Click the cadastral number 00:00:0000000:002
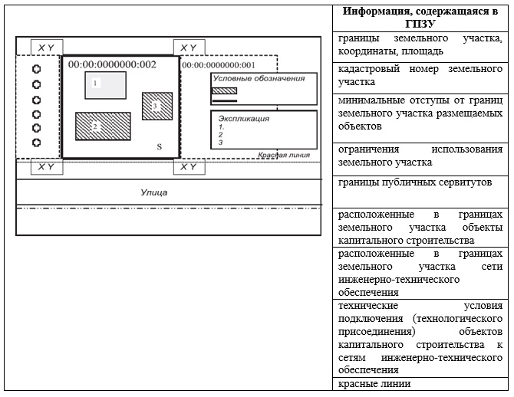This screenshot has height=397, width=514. pos(112,64)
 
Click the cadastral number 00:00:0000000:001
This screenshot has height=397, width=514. pos(219,65)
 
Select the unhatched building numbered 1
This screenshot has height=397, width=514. pos(106,85)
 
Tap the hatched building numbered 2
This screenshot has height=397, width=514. pos(103,126)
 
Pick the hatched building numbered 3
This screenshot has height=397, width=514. pos(157,106)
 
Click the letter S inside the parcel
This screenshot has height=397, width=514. pos(160,146)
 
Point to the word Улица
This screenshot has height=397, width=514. pos(154,192)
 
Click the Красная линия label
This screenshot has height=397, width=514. pos(284,155)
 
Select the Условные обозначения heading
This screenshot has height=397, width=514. pos(259,78)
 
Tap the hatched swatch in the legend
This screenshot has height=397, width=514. pos(225,90)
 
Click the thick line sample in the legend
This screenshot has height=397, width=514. pos(225,101)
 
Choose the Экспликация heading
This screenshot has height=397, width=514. pos(244,119)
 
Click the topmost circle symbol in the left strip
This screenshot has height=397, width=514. pos(37,69)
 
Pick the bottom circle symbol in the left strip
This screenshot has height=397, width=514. pos(37,143)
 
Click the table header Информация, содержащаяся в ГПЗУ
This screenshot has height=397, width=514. pos(420,18)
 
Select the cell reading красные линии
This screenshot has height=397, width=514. pos(374,383)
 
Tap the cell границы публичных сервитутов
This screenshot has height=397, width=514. pos(415,182)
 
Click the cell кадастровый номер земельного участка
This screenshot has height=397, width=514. pos(420,75)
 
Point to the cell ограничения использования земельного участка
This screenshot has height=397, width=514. pos(420,156)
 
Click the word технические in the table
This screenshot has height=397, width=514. pos(368,306)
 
